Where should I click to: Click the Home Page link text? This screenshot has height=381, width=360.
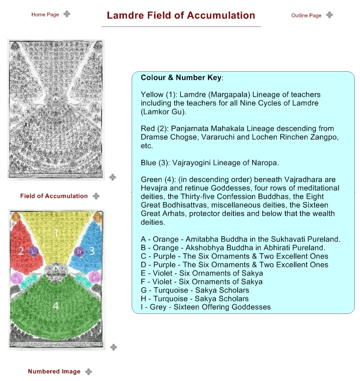click(45, 15)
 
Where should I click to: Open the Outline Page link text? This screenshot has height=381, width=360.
click(306, 16)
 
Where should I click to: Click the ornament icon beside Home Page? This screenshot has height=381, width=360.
click(67, 14)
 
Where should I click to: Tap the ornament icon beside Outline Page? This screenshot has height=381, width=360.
click(329, 15)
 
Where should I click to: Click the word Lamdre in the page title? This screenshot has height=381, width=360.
click(124, 16)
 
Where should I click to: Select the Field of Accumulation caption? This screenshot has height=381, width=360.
click(54, 196)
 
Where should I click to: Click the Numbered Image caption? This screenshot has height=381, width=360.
click(54, 372)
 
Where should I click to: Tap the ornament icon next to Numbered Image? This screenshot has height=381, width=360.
click(88, 372)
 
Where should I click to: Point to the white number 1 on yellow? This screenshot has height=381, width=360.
click(56, 233)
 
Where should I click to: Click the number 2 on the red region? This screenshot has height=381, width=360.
click(21, 251)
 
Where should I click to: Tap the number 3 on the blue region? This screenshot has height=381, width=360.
click(92, 251)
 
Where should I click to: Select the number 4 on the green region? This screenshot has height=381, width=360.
click(56, 306)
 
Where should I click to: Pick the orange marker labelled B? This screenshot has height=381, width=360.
click(97, 217)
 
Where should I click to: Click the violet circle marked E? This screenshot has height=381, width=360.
click(17, 277)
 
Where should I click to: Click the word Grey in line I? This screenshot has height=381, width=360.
click(157, 307)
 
